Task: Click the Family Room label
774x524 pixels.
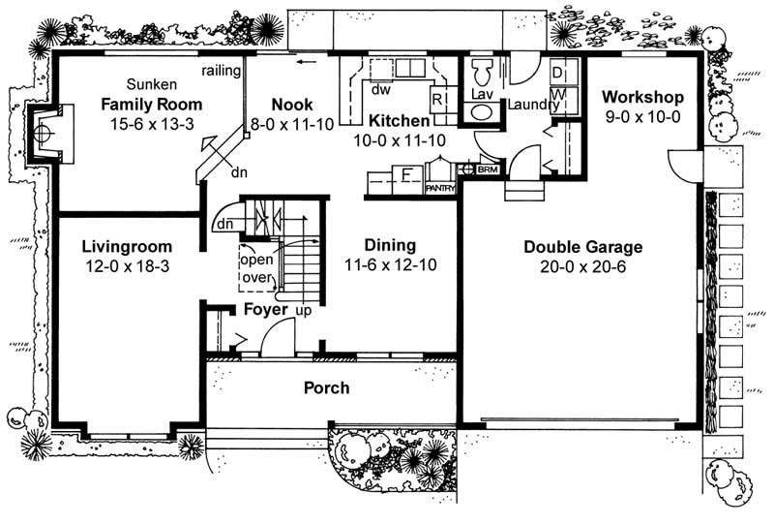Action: (152, 105)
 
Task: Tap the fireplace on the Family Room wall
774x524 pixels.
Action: (45, 131)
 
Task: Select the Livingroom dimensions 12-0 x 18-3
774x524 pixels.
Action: (126, 264)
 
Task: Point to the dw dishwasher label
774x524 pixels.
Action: (380, 89)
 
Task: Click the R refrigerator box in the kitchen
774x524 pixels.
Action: (437, 99)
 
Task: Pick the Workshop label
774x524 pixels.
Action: (642, 97)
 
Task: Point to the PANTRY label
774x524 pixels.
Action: (440, 190)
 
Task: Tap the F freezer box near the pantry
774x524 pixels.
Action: (407, 176)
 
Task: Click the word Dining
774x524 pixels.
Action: (390, 245)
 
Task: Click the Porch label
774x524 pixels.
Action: (326, 388)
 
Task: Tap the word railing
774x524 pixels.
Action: (221, 71)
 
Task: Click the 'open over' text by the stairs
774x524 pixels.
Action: (257, 268)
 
